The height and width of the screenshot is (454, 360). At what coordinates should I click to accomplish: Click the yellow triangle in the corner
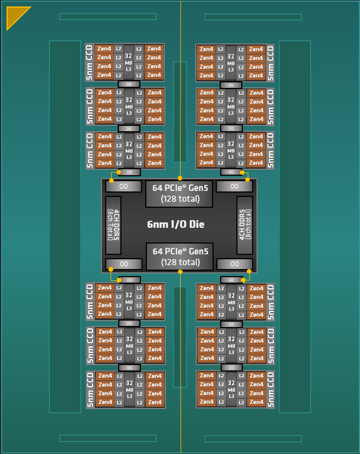(x=15, y=15)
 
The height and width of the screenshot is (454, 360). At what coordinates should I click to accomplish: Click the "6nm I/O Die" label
(x=176, y=225)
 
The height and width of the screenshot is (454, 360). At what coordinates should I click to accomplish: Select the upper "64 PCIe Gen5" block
(x=179, y=194)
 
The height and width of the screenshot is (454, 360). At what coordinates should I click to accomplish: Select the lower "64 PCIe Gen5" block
(x=179, y=257)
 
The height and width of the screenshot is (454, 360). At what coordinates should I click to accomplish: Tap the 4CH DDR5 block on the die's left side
(x=113, y=225)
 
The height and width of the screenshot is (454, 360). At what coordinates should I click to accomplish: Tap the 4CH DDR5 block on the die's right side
(x=245, y=225)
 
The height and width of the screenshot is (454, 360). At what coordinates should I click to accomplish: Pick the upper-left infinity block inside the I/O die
(x=124, y=187)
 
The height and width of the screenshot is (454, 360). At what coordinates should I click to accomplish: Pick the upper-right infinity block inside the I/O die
(x=234, y=187)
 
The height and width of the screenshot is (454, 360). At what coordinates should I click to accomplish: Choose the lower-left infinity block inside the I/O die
(x=124, y=264)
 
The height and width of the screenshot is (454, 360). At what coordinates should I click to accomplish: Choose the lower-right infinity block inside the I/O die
(x=235, y=264)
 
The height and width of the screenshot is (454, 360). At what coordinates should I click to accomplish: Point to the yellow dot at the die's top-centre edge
(x=180, y=178)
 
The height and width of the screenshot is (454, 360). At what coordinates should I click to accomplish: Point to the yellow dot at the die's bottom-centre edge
(x=181, y=272)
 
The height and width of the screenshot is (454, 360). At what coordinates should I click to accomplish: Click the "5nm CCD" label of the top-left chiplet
(x=89, y=62)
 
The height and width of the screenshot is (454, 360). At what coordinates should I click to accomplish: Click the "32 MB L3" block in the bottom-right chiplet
(x=232, y=389)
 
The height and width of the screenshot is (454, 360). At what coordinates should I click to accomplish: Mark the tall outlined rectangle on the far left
(x=65, y=226)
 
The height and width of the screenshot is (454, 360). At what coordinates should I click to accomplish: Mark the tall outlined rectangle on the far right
(x=295, y=226)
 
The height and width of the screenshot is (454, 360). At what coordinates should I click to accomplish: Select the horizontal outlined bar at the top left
(x=108, y=16)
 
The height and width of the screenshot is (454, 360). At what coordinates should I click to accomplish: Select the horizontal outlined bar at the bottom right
(x=253, y=439)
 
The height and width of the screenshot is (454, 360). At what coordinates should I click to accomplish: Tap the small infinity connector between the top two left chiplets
(x=129, y=84)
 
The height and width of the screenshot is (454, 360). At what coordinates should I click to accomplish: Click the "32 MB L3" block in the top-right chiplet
(x=231, y=62)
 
